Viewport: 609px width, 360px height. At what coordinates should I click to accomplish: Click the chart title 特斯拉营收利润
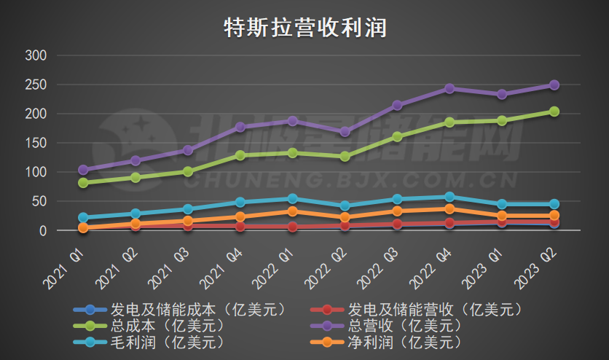304,28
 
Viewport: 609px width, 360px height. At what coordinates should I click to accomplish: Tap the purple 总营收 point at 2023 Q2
554,85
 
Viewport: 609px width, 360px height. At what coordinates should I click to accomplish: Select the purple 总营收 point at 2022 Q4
449,88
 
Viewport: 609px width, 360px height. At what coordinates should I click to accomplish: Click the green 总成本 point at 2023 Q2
554,111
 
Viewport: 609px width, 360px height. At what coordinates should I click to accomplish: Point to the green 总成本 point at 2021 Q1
83,183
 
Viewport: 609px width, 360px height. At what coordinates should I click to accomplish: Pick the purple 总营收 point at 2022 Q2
345,132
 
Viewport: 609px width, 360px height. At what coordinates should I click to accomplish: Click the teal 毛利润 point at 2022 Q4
449,197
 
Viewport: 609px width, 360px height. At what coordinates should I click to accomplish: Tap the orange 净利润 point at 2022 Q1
292,211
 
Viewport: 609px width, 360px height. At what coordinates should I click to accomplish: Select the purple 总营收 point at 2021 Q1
83,170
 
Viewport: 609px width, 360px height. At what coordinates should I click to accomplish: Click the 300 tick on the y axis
36,55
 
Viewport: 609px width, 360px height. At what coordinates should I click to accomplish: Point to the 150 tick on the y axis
36,144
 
